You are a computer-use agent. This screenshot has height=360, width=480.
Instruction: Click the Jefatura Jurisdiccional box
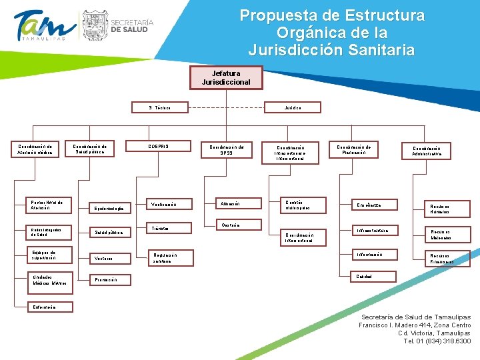(x=226, y=77)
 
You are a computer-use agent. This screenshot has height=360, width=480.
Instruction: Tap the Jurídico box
(x=293, y=107)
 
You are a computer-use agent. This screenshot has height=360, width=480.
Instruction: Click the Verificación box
(x=169, y=204)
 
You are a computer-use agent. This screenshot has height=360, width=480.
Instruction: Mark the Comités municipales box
(x=300, y=205)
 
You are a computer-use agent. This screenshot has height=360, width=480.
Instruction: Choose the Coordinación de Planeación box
(x=358, y=149)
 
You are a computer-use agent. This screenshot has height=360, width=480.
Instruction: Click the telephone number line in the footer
(x=437, y=341)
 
